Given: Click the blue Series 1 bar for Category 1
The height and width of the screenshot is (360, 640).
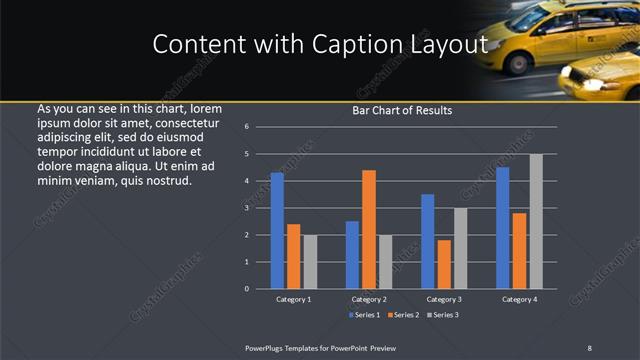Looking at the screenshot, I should (277, 231).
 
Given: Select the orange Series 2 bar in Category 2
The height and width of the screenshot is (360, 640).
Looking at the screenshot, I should (369, 229).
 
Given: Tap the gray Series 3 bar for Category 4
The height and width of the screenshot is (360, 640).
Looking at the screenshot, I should (536, 221).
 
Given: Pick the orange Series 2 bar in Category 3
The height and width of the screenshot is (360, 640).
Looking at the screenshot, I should (444, 264).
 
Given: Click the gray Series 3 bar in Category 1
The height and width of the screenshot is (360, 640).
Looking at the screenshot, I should (310, 262).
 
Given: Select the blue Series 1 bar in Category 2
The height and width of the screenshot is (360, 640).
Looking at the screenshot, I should (352, 255).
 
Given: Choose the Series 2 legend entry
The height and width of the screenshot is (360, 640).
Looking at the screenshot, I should (403, 315).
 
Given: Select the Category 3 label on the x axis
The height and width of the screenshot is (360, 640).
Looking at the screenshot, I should (444, 299).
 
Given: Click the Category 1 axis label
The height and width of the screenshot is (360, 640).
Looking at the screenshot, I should (293, 299).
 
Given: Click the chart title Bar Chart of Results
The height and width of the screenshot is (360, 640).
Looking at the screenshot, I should (402, 111).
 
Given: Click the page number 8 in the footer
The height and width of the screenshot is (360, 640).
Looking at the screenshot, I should (590, 347).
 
